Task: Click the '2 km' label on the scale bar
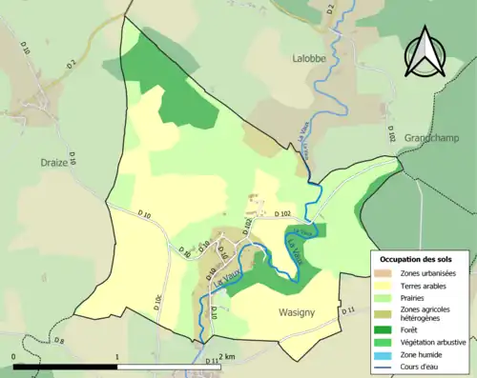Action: (x=227, y=357)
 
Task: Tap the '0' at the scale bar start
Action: (x=13, y=358)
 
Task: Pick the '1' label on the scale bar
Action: (x=116, y=358)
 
